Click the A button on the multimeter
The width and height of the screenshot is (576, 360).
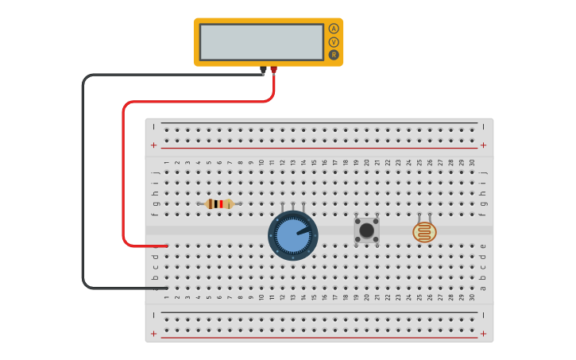click(334, 29)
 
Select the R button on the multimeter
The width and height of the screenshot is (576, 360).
click(334, 55)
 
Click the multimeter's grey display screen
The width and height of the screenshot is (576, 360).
click(261, 42)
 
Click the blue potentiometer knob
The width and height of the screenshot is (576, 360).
click(293, 235)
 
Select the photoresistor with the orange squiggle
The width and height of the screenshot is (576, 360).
click(424, 232)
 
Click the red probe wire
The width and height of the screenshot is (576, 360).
click(124, 175)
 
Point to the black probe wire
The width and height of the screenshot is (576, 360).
click(83, 183)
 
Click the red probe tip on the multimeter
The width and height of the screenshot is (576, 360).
click(273, 70)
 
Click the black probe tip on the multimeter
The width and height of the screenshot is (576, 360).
click(263, 70)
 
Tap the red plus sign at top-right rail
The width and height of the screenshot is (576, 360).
click(483, 145)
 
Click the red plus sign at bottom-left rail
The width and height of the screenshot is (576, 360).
click(154, 334)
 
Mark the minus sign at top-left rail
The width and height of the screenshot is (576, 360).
click(154, 126)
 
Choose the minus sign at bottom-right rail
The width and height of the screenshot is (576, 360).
click(483, 315)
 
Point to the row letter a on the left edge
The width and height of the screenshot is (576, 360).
click(156, 288)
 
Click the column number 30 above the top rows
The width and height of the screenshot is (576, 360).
click(472, 162)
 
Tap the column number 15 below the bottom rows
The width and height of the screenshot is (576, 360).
click(314, 297)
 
